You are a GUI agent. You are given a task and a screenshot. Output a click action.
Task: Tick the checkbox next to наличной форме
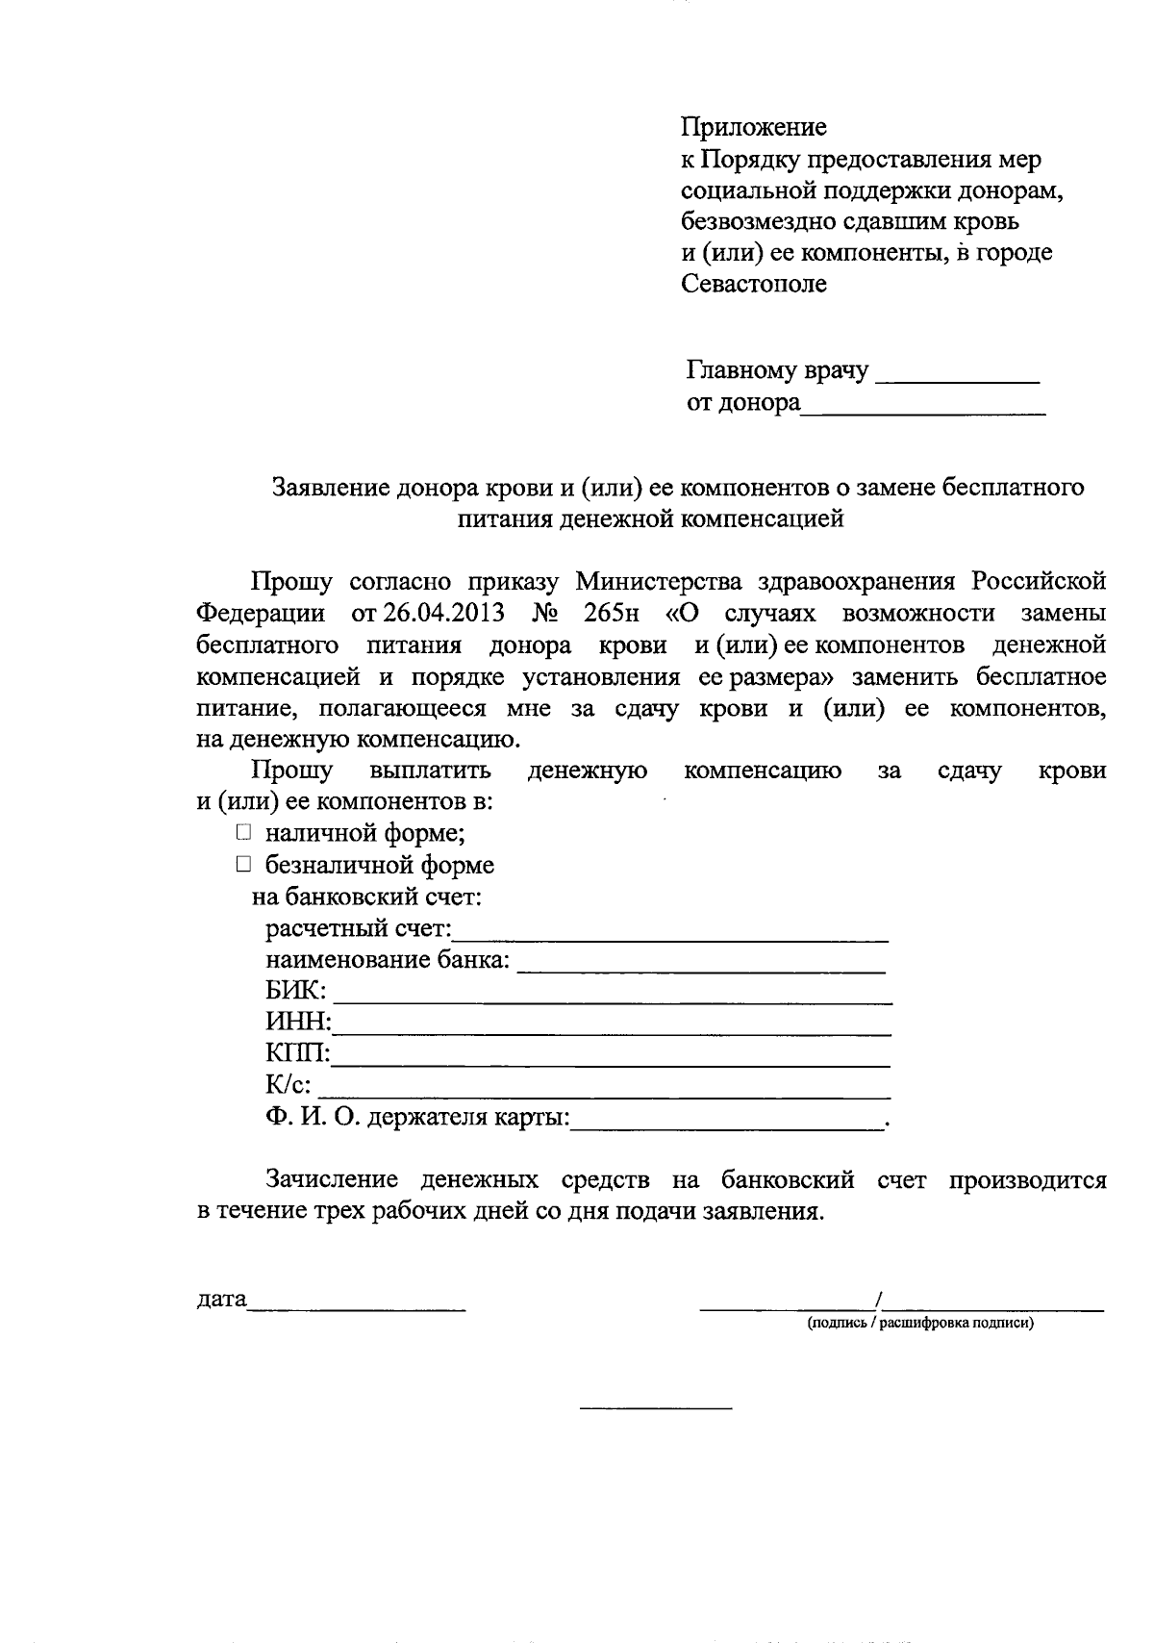coord(244,832)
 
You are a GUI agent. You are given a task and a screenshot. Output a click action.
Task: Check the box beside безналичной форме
coord(244,864)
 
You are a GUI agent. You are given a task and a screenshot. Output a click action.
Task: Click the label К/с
coord(288,1085)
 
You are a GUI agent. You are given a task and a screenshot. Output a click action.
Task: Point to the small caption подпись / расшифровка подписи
coord(919,1324)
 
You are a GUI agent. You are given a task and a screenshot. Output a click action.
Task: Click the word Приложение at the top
coord(754,127)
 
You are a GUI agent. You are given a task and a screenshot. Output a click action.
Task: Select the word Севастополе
coord(754,284)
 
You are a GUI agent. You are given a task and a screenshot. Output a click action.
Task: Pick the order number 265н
coord(611,614)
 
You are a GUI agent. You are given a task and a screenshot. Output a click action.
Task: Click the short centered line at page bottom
coord(655,1409)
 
